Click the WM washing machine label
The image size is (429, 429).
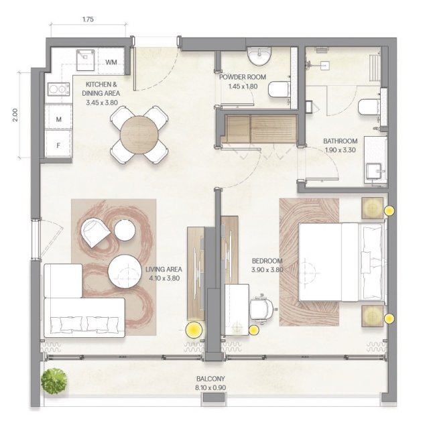[x=111, y=62]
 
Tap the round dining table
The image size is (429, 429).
[x=139, y=135]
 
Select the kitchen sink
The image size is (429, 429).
[x=85, y=60]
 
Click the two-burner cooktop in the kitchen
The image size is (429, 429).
[x=58, y=89]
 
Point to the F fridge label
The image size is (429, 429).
[x=58, y=145]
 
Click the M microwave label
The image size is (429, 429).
[x=58, y=119]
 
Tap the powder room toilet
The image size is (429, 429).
[x=279, y=89]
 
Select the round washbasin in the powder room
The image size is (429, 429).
[x=259, y=56]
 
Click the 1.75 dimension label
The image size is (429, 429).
[x=88, y=19]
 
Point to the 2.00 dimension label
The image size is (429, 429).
[x=15, y=115]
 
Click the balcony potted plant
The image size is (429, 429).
[x=54, y=381]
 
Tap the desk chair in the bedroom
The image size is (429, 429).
[x=262, y=309]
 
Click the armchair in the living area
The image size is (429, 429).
[x=95, y=232]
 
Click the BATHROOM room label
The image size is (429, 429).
[x=341, y=141]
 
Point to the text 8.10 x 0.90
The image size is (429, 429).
[x=210, y=387]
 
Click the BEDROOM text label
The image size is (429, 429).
[x=267, y=261]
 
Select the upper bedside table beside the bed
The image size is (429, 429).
[x=372, y=208]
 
